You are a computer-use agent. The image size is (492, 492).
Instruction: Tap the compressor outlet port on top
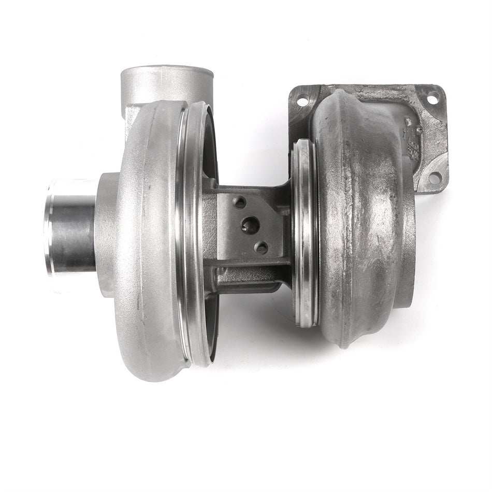pyautogui.click(x=167, y=83)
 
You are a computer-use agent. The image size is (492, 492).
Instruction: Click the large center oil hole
pyautogui.click(x=251, y=225)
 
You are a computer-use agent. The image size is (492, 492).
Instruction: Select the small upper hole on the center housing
pyautogui.click(x=239, y=202)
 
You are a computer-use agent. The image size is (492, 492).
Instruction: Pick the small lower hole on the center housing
pyautogui.click(x=262, y=248)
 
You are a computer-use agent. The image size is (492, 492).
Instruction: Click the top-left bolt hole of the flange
pyautogui.click(x=302, y=101)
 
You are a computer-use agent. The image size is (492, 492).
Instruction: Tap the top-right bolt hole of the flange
pyautogui.click(x=432, y=97)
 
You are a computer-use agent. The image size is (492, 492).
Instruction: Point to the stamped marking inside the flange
pyautogui.click(x=412, y=140)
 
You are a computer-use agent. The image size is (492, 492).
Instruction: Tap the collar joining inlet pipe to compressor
pyautogui.click(x=106, y=233)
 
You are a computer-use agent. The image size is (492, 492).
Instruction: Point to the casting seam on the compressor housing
pyautogui.click(x=137, y=311)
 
